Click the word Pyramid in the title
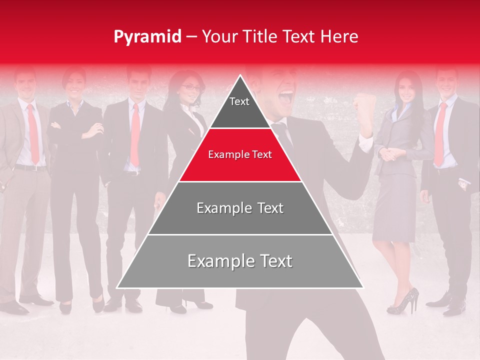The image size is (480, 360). coord(147,37)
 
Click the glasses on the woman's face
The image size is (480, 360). coord(190,87)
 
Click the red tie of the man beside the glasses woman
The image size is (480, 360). coord(135,135)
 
